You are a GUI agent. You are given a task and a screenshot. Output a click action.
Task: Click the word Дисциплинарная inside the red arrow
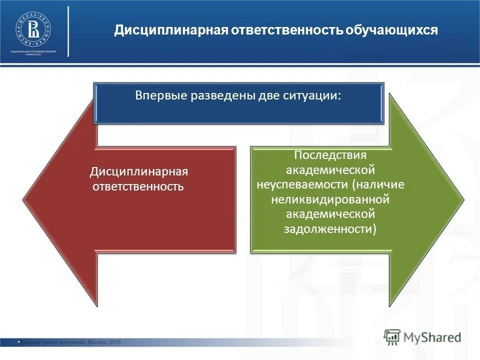click(139, 172)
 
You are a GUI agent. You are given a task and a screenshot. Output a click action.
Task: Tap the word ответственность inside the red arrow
click(137, 187)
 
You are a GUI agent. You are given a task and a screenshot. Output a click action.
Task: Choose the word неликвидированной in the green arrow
click(330, 199)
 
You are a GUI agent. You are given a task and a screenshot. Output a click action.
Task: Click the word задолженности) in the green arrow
click(330, 229)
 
